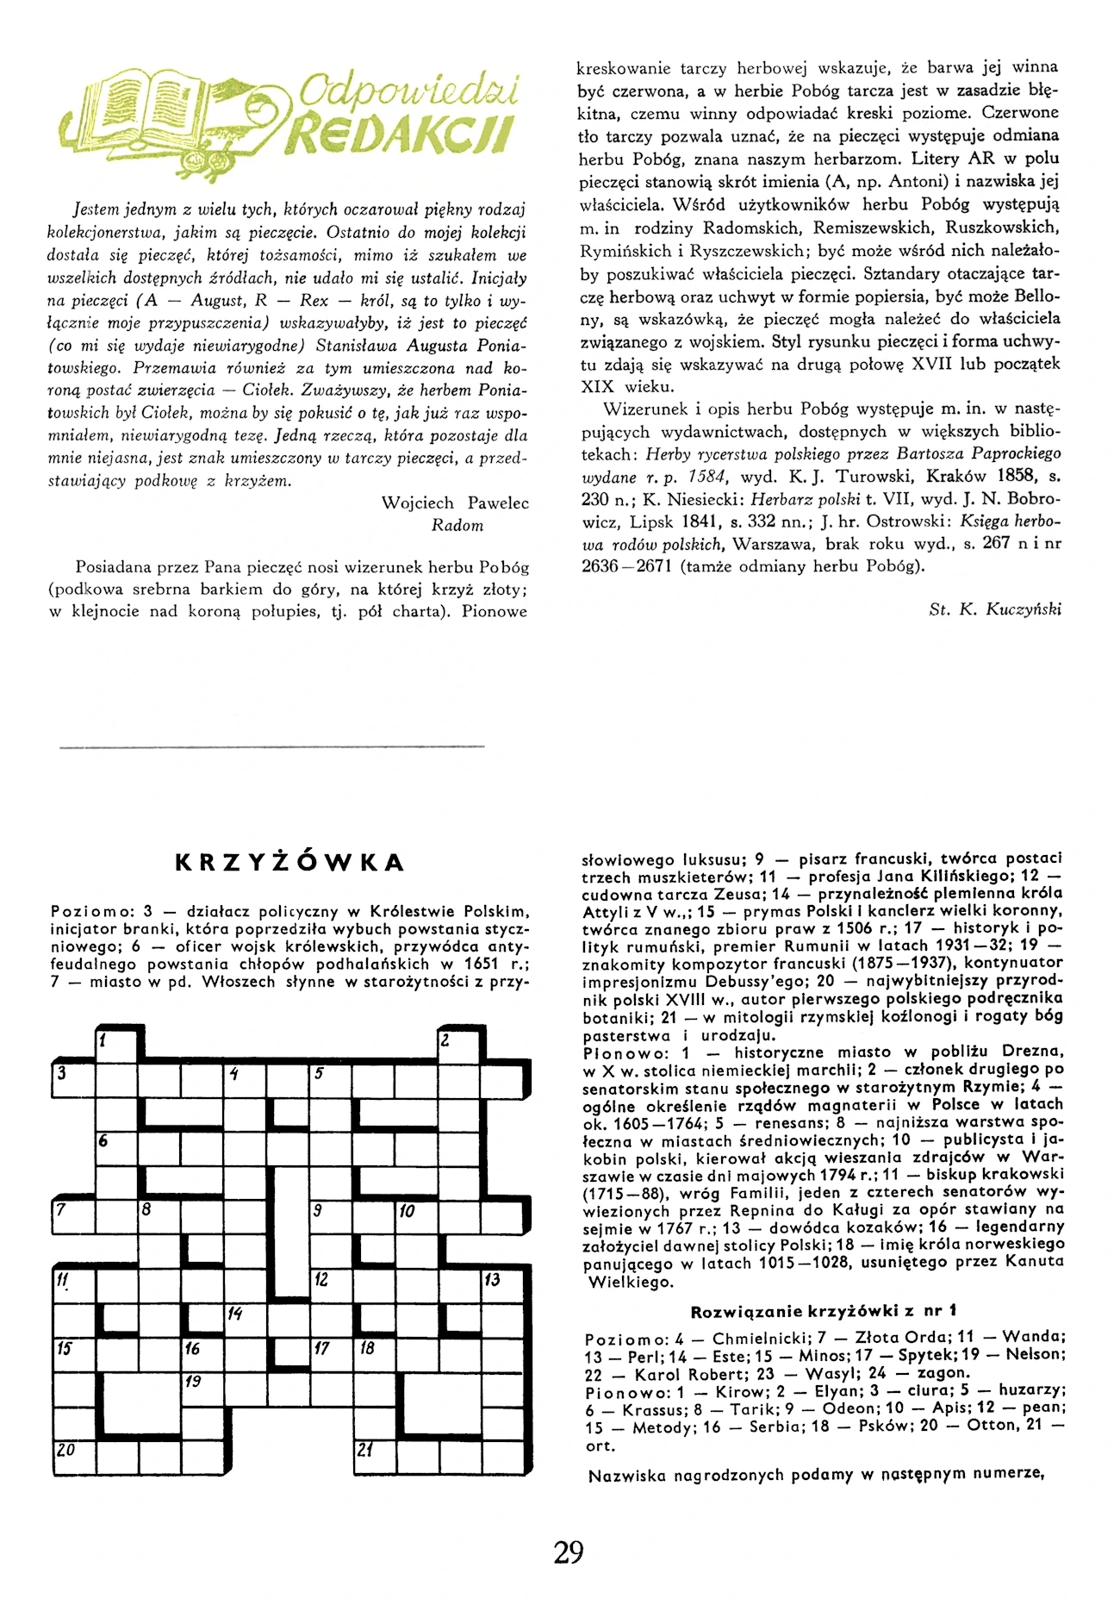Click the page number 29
click(x=569, y=1551)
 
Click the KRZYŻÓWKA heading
click(x=289, y=863)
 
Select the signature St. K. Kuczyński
click(x=996, y=609)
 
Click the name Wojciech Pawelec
click(x=455, y=503)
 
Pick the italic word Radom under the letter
click(x=457, y=526)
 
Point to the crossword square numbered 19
click(x=202, y=1389)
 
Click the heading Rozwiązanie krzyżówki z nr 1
click(x=824, y=1312)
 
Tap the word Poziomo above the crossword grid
click(x=86, y=912)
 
